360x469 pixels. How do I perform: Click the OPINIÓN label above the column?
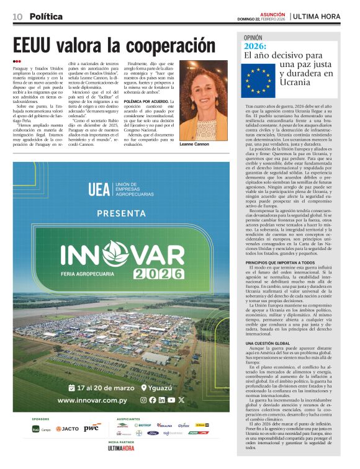257,37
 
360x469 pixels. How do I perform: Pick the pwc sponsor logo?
91,428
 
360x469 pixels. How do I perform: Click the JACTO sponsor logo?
67,429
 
